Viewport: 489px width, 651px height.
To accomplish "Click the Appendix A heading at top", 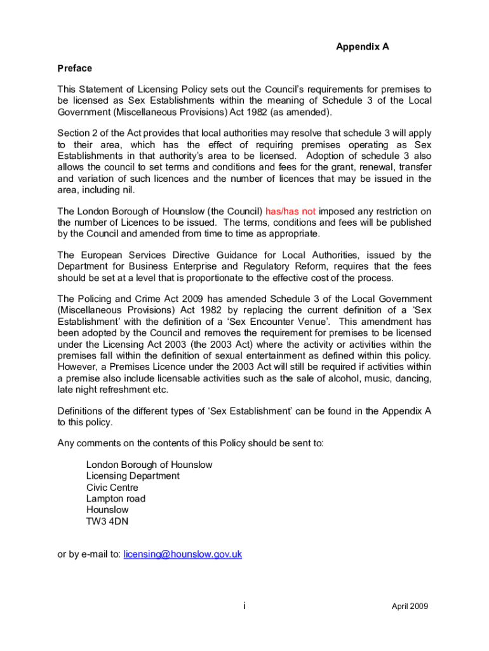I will [362, 46].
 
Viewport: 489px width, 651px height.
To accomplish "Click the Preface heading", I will [75, 68].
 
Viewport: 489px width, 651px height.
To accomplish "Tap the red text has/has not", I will [291, 212].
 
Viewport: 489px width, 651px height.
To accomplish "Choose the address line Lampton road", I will [116, 499].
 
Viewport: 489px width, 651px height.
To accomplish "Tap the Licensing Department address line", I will [133, 476].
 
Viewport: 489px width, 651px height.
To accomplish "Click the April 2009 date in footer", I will [410, 606].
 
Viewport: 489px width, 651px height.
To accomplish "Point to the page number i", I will [244, 606].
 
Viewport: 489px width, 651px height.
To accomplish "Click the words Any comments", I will [85, 443].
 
